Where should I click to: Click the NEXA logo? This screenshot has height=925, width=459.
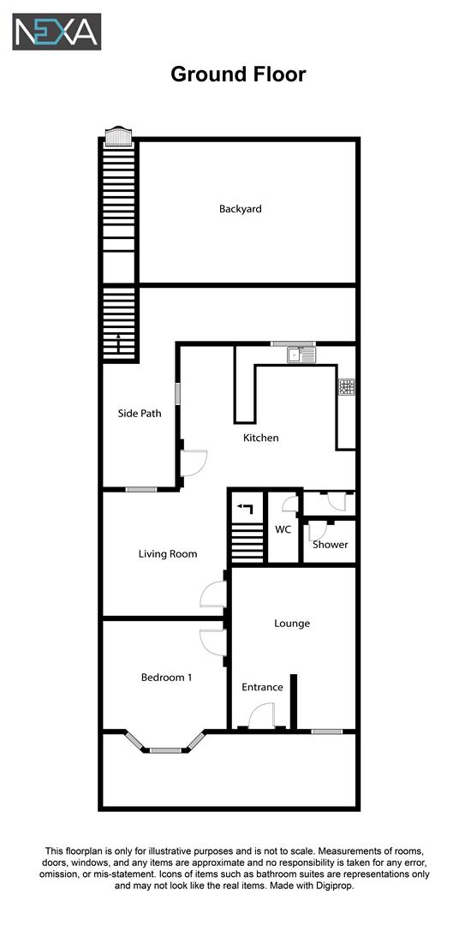tap(57, 32)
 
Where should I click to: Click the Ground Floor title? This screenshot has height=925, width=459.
tap(238, 75)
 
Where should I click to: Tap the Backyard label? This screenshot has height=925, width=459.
tap(240, 209)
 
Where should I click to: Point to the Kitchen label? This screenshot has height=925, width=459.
tap(261, 438)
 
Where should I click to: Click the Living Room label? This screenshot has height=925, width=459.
tap(168, 554)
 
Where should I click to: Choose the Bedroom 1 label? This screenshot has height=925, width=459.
tap(166, 677)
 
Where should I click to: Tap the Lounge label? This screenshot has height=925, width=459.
tap(292, 624)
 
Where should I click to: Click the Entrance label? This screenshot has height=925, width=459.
tap(262, 687)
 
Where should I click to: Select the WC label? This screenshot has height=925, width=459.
tap(283, 530)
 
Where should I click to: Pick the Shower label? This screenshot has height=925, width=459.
tap(331, 545)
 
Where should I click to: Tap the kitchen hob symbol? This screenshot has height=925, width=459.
tap(347, 387)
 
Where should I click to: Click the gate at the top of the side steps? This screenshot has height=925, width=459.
tap(118, 137)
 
